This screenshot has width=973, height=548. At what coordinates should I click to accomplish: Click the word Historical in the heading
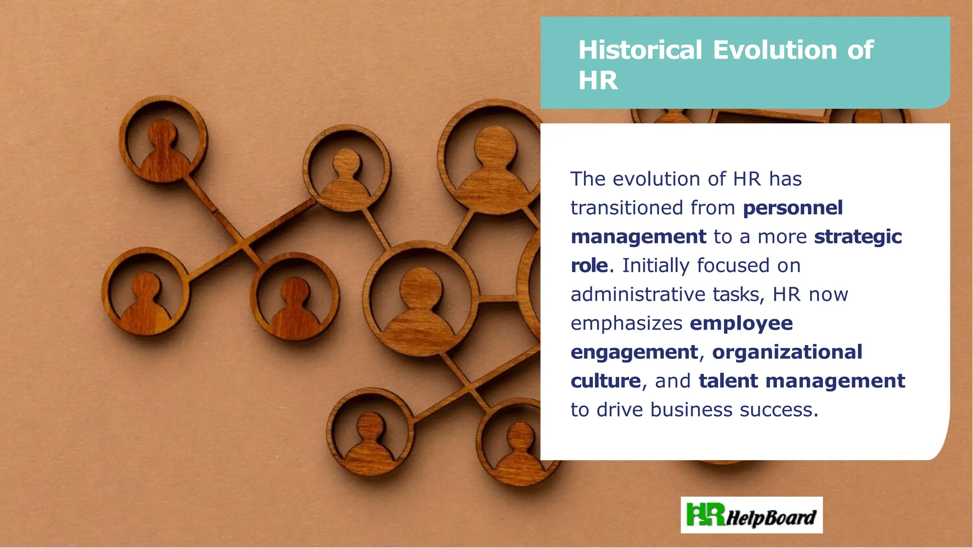tap(640, 50)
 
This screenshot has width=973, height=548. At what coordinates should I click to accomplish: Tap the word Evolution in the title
tap(775, 50)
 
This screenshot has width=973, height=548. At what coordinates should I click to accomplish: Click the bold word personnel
tap(793, 208)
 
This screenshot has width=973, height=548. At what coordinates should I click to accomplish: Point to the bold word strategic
tap(858, 237)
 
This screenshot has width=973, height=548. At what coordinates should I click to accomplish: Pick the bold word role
tap(589, 266)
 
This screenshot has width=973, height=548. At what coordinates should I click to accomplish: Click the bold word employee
tap(741, 324)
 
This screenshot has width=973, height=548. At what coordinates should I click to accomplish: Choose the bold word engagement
tap(634, 352)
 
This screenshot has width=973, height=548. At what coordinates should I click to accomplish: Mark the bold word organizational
tap(787, 352)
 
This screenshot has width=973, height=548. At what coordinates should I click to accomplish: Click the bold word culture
tap(606, 381)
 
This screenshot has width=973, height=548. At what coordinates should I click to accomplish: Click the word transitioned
tap(627, 208)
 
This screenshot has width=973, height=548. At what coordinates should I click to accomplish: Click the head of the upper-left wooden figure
tap(162, 132)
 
